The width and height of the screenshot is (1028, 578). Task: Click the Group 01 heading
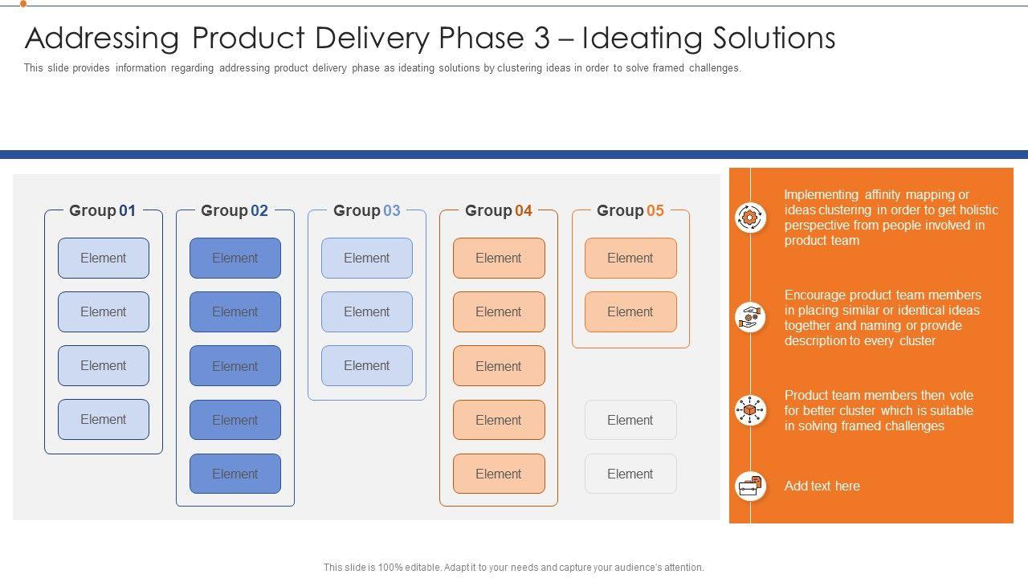pyautogui.click(x=103, y=210)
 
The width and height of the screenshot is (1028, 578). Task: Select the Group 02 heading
pyautogui.click(x=235, y=210)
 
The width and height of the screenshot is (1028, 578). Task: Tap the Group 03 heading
pyautogui.click(x=366, y=210)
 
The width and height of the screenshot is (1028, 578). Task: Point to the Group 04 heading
pyautogui.click(x=498, y=210)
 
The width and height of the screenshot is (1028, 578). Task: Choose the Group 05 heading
pyautogui.click(x=630, y=210)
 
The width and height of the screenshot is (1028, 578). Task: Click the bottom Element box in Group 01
pyautogui.click(x=104, y=419)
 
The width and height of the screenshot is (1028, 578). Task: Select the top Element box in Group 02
pyautogui.click(x=235, y=258)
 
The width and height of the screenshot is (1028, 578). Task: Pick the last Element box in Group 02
pyautogui.click(x=235, y=474)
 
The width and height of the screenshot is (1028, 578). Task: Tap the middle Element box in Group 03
pyautogui.click(x=367, y=311)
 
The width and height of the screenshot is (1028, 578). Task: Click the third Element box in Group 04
pyautogui.click(x=499, y=366)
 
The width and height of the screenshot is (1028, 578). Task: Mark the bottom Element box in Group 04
pyautogui.click(x=499, y=474)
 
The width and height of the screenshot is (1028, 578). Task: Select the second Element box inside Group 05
pyautogui.click(x=630, y=311)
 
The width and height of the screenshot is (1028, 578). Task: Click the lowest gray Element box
pyautogui.click(x=630, y=474)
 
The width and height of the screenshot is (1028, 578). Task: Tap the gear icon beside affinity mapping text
pyautogui.click(x=750, y=217)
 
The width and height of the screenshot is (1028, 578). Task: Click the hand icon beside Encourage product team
pyautogui.click(x=750, y=317)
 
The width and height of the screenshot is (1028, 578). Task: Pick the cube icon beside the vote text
pyautogui.click(x=750, y=410)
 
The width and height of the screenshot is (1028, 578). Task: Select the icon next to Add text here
pyautogui.click(x=750, y=486)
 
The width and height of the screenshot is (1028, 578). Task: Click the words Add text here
pyautogui.click(x=822, y=486)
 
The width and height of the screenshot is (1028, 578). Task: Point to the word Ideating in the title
pyautogui.click(x=631, y=39)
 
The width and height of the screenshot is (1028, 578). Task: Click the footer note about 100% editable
pyautogui.click(x=514, y=567)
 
